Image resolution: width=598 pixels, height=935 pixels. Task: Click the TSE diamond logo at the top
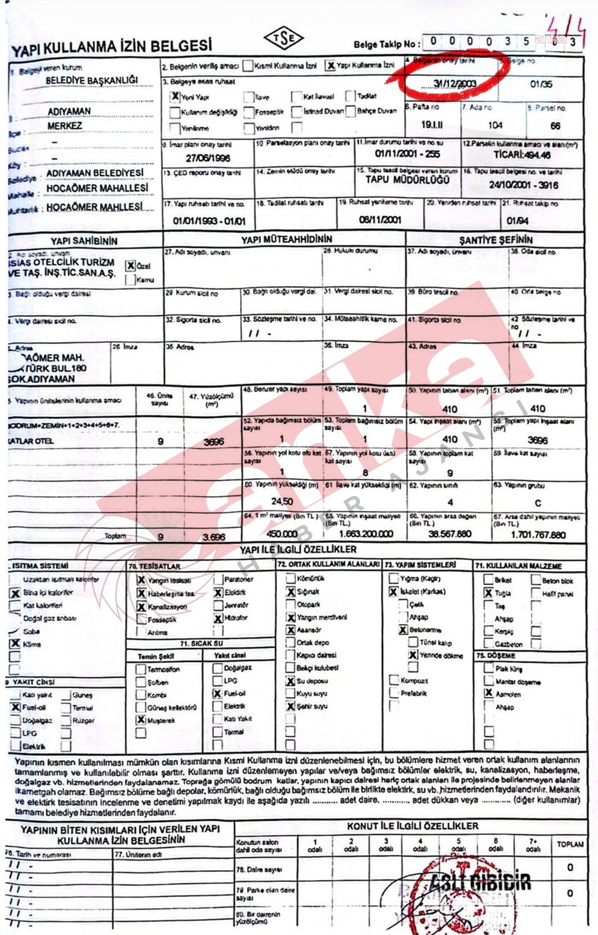(x=284, y=39)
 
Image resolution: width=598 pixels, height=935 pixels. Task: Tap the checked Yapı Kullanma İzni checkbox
(x=331, y=65)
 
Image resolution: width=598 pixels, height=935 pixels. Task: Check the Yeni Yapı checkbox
(x=175, y=96)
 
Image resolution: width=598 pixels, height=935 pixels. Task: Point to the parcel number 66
(x=555, y=125)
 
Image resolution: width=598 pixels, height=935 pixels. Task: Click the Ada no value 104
(x=495, y=124)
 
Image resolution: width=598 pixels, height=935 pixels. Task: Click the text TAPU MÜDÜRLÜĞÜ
(x=408, y=180)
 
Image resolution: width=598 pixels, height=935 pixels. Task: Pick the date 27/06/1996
(x=208, y=158)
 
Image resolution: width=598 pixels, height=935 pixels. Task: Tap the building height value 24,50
(x=282, y=501)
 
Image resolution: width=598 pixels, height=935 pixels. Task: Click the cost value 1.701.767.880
(x=538, y=534)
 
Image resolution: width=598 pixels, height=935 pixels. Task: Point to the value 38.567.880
(x=449, y=534)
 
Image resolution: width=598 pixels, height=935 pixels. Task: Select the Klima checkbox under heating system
(x=15, y=643)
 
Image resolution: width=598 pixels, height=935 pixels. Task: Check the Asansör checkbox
(x=290, y=630)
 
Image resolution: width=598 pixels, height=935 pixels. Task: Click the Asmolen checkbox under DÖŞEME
(x=489, y=693)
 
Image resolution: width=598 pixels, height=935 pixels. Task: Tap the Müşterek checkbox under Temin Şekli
(x=141, y=720)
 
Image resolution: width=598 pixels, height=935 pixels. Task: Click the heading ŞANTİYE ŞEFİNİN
(x=496, y=240)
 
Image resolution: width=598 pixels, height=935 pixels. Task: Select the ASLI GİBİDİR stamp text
(x=480, y=881)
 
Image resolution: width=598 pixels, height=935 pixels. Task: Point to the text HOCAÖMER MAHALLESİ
(x=97, y=188)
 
